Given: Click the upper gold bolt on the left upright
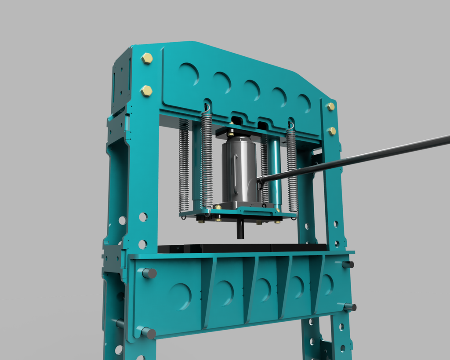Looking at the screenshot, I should (147, 58).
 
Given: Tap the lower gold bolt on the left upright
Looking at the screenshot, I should (146, 91).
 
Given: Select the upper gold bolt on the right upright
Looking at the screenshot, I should (330, 106).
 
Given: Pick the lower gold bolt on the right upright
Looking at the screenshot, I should (332, 131).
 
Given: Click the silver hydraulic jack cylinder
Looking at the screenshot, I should (240, 169).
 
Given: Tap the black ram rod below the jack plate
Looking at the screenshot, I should (240, 229).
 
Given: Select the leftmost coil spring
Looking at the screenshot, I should (184, 165).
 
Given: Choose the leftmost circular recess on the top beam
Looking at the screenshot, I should (189, 74).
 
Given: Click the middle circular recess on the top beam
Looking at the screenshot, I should (251, 90).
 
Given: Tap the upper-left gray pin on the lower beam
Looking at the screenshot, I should (149, 273).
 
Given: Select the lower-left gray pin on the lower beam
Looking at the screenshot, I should (149, 333).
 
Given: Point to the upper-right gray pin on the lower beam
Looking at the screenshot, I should (348, 264).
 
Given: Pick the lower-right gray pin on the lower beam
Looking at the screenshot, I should (350, 307).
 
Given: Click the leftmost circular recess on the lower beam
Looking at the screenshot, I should (180, 296).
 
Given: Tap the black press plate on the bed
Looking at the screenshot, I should (242, 248).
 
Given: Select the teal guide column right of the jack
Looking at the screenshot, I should (275, 174).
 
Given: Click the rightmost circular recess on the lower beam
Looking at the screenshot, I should (327, 285).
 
